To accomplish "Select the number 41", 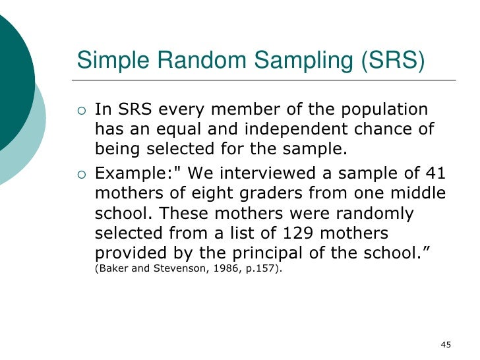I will (433, 174).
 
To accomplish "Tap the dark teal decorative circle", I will (10, 73).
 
